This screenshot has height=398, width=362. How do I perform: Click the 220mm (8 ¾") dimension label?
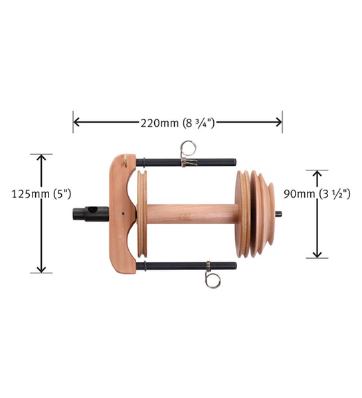click(x=178, y=123)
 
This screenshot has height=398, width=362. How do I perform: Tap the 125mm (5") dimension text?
click(x=41, y=194)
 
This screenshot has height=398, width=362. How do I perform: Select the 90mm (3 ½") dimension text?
click(x=317, y=194)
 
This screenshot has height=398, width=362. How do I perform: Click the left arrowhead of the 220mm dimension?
click(x=76, y=122)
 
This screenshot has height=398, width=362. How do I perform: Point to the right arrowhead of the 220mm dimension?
click(x=278, y=122)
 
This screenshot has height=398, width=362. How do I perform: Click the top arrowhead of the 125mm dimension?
click(x=41, y=157)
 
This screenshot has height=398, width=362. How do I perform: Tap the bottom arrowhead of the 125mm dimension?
click(x=41, y=269)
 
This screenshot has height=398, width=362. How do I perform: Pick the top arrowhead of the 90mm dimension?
click(x=317, y=174)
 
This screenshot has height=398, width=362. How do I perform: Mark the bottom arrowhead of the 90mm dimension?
click(x=317, y=254)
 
